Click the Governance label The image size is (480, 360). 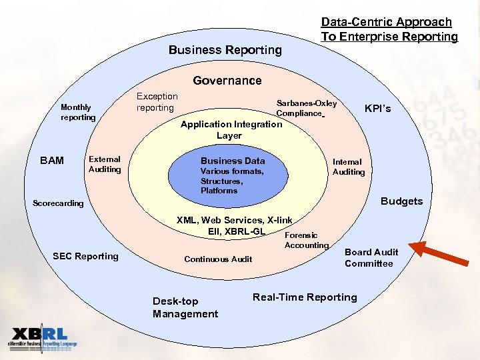pos(227,81)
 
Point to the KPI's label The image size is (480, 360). pos(377,108)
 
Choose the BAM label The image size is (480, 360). pos(52,161)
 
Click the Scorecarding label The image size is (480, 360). pos(59,203)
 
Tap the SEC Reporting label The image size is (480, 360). pos(85,257)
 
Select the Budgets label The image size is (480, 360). pos(401,201)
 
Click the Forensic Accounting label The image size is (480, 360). pos(306,240)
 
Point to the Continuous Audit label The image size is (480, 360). pos(218,259)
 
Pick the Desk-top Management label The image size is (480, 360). pos(185,307)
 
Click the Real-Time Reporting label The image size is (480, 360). pos(305,297)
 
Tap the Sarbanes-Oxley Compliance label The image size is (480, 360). pos(307,108)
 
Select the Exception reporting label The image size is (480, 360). pos(157,102)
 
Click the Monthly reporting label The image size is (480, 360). pos(78,112)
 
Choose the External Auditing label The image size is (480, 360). pos(105,164)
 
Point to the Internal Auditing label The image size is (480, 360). pos(349,167)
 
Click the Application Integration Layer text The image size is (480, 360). pos(231,129)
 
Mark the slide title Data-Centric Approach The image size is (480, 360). pos(389,29)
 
